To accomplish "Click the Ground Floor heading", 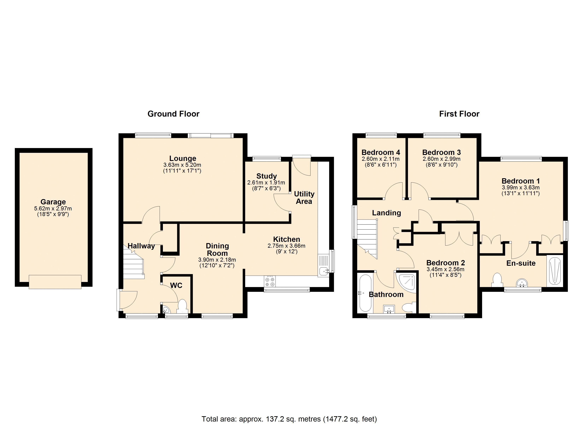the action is coord(173,114).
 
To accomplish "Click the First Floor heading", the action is coord(459,114).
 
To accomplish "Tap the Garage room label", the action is coord(53,202).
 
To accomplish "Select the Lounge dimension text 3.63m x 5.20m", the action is coord(182,165).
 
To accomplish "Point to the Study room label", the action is coord(267,176).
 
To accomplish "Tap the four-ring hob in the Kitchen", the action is coord(269,281).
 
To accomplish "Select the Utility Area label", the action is coord(304,198).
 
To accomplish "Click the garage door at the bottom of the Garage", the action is coord(55,282).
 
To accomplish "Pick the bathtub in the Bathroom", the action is coord(365,293).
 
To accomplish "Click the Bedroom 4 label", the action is coord(381,152).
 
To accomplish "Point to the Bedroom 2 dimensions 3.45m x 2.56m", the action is coord(446,269).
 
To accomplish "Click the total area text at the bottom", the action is coord(289,419).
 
